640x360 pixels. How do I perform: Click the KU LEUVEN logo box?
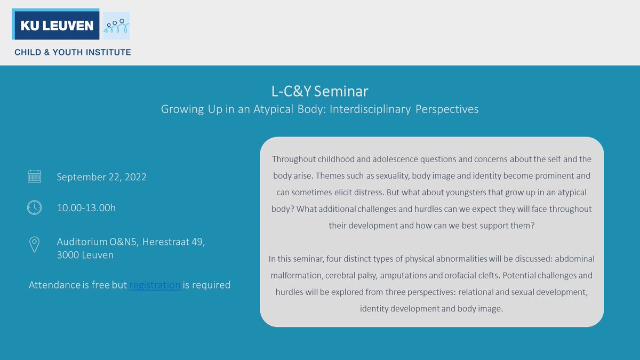pyautogui.click(x=55, y=25)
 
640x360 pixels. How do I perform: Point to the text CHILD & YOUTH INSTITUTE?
pyautogui.click(x=73, y=52)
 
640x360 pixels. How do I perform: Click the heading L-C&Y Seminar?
pyautogui.click(x=319, y=90)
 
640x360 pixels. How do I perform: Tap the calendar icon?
pyautogui.click(x=34, y=177)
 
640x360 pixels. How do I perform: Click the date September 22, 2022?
pyautogui.click(x=101, y=177)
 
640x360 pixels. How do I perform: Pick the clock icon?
pyautogui.click(x=34, y=207)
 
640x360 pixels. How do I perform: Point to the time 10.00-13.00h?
pyautogui.click(x=86, y=207)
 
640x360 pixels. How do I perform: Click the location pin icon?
pyautogui.click(x=34, y=245)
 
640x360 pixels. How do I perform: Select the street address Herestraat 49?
pyautogui.click(x=174, y=242)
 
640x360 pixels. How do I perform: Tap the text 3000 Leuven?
pyautogui.click(x=85, y=255)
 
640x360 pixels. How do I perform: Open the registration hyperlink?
pyautogui.click(x=155, y=285)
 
